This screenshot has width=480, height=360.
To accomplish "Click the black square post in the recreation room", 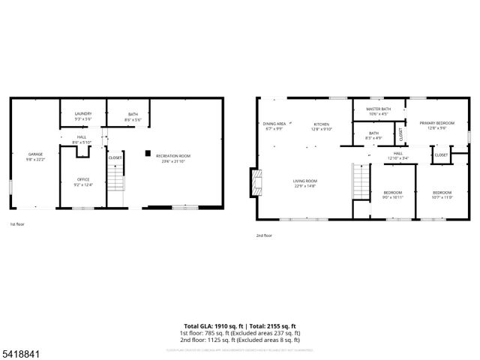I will [148, 154].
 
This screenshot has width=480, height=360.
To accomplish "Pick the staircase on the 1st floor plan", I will [115, 181].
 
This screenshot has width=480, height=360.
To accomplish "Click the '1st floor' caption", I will [16, 224].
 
